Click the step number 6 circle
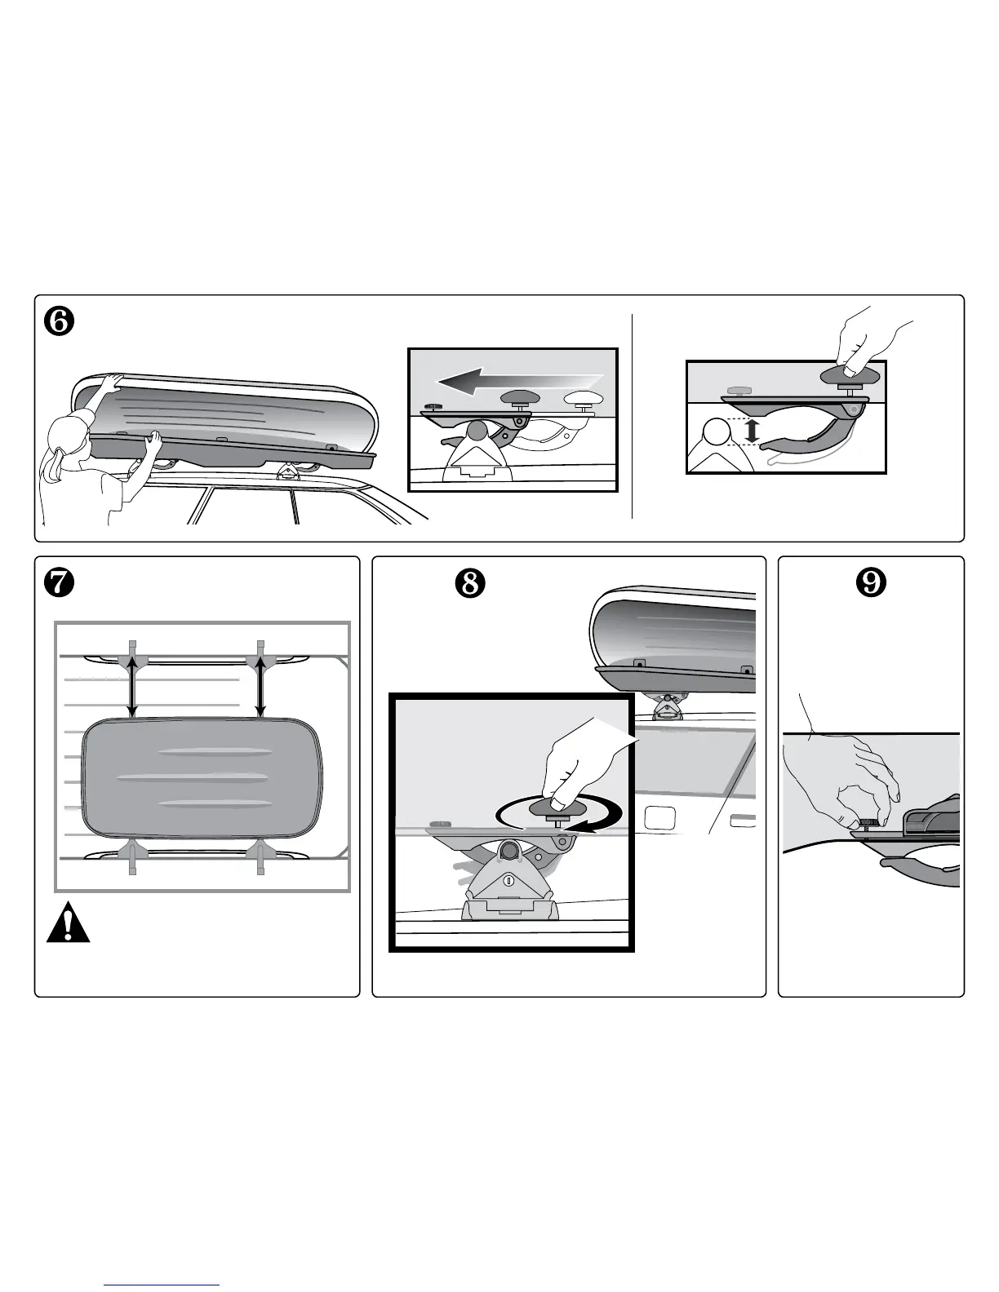[x=60, y=321]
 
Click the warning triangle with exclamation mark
[x=69, y=923]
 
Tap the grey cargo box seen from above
[x=202, y=777]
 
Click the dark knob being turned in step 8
[x=558, y=807]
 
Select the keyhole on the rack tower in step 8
[x=508, y=880]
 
